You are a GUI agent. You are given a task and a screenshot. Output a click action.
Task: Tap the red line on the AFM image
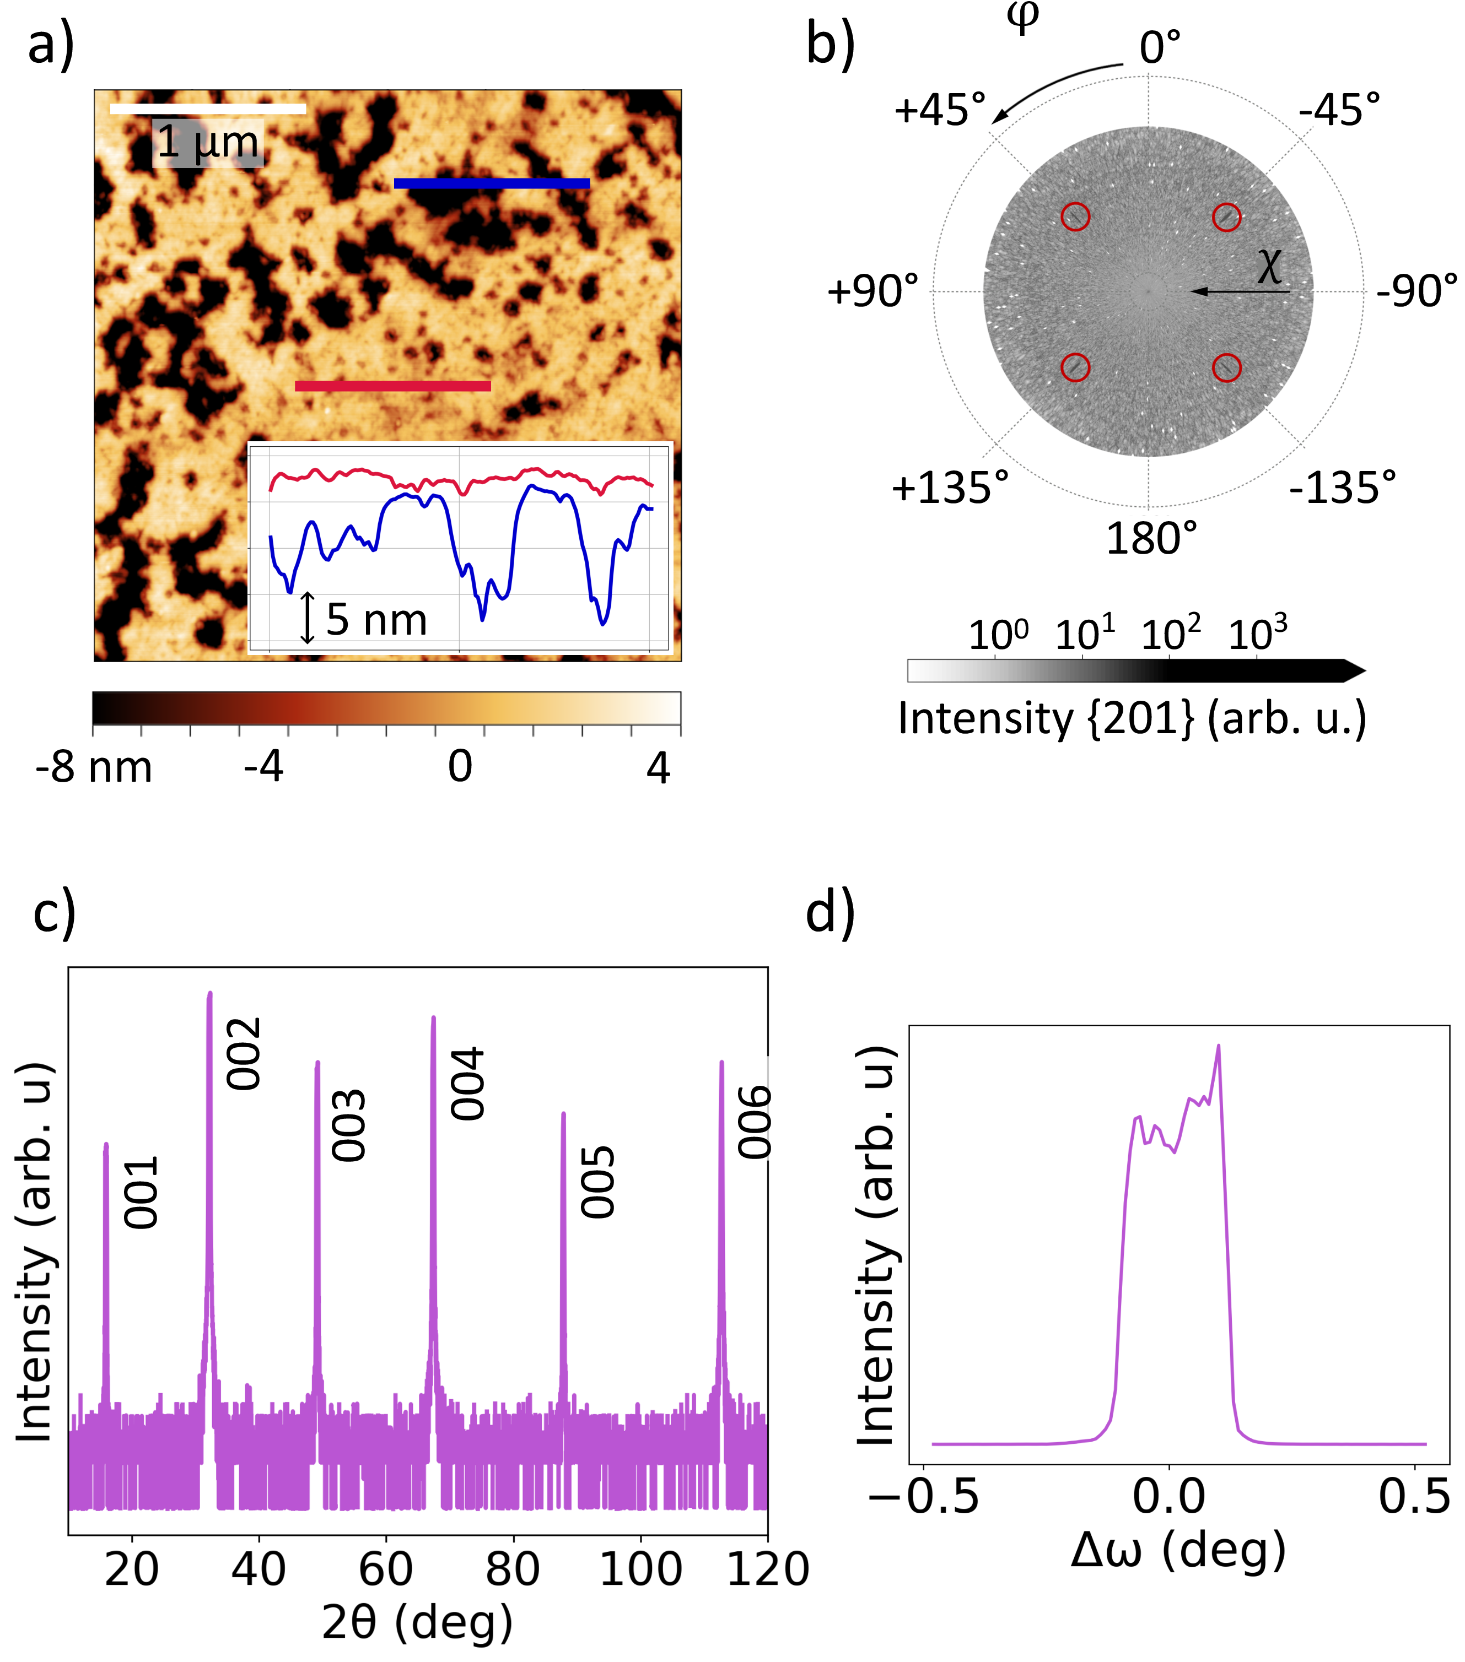(393, 386)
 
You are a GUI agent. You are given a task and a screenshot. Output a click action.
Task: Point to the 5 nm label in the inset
(376, 620)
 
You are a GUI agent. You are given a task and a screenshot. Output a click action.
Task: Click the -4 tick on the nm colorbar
(263, 767)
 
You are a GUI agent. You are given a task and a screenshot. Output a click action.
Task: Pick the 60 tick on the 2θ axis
(386, 1569)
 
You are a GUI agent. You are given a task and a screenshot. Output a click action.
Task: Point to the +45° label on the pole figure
(940, 110)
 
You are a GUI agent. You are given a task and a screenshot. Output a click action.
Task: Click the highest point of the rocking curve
(1218, 1046)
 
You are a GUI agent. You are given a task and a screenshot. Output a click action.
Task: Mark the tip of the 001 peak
(106, 1145)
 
